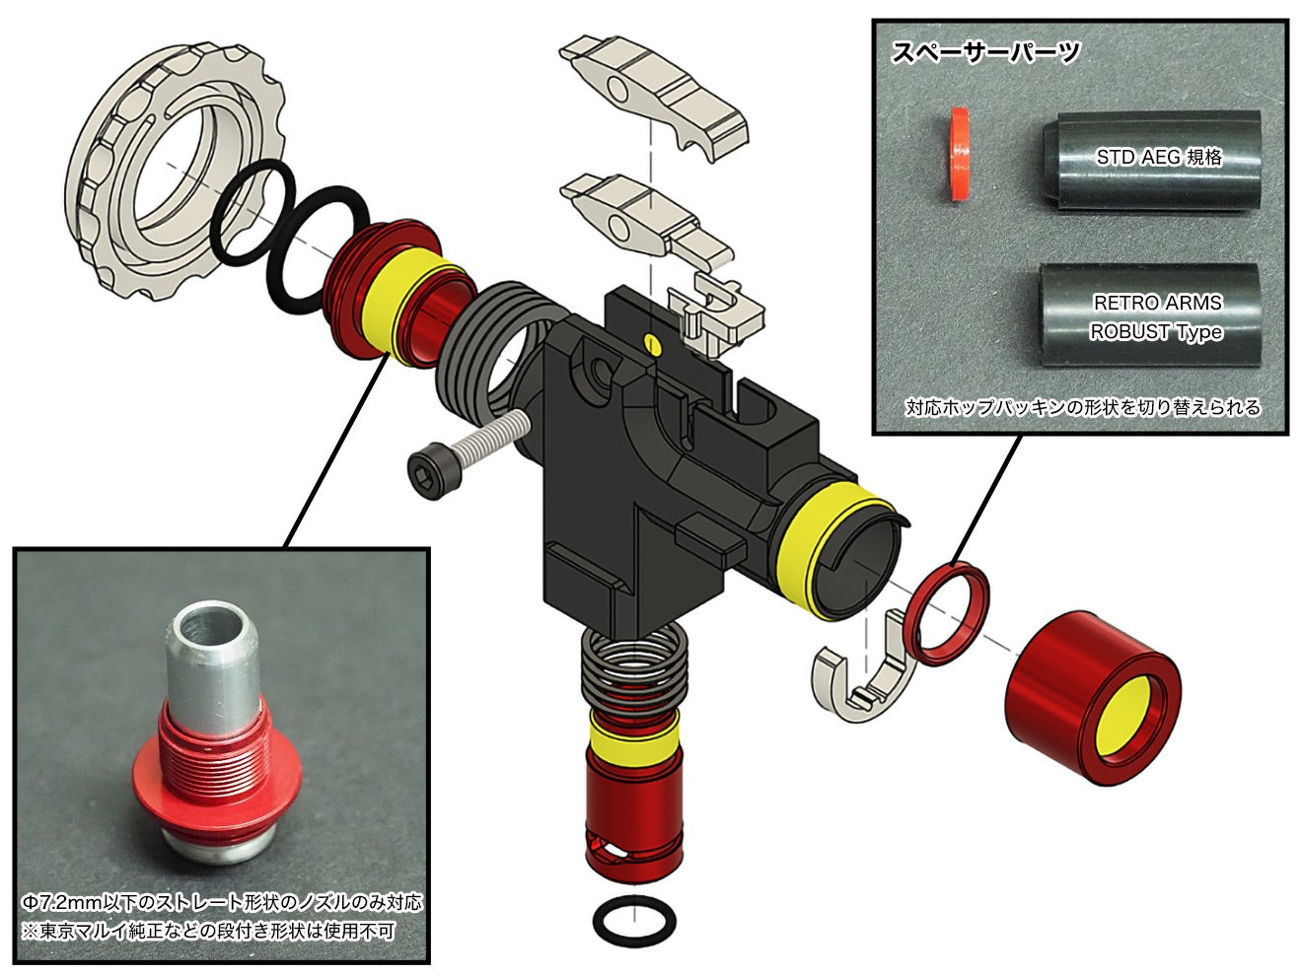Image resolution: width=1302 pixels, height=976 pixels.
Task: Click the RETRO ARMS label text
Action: click(1157, 303)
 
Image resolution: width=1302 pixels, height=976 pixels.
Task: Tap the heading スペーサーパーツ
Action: click(985, 52)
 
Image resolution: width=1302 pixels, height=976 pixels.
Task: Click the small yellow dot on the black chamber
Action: click(650, 342)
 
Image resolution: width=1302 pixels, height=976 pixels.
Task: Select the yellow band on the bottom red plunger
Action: click(633, 734)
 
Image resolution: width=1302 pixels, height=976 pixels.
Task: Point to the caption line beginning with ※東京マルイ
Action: click(207, 931)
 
